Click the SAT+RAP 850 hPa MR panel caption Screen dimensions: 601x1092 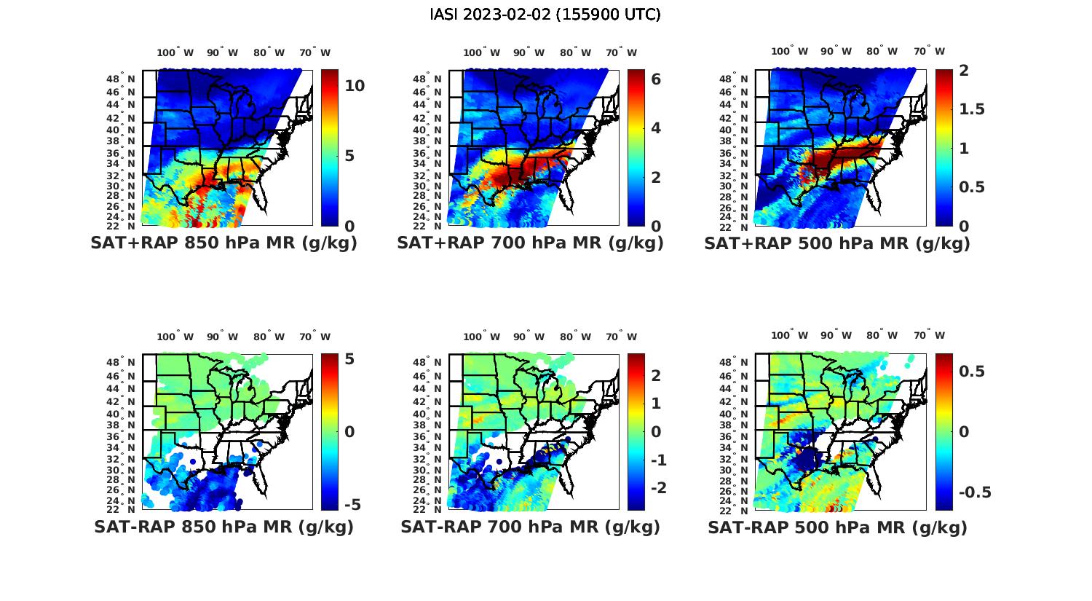223,243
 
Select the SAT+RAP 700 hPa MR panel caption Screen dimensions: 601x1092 530,243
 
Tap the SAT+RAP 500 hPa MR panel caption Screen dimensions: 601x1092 837,243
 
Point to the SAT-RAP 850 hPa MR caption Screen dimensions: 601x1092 223,527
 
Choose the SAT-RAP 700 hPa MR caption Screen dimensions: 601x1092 530,527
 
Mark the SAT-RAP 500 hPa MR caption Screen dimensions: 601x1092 837,527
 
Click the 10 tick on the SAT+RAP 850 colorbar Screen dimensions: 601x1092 355,86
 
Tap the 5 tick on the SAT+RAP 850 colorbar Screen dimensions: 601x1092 350,156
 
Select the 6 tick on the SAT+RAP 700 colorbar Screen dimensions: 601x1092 656,79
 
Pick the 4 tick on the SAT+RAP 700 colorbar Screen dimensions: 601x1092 656,128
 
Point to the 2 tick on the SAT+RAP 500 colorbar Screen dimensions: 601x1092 964,71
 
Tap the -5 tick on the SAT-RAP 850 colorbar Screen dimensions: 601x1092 352,505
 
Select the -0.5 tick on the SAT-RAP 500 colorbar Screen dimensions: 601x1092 975,492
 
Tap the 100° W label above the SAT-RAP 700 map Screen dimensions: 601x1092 481,337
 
